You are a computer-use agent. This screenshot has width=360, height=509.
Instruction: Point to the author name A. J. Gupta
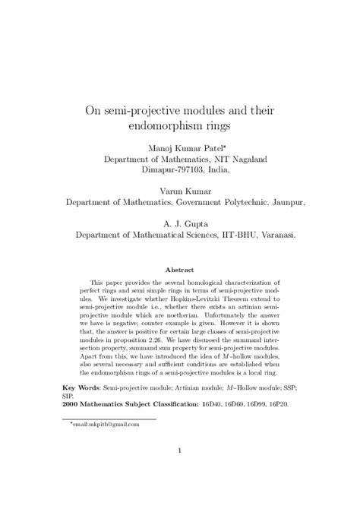[x=180, y=223]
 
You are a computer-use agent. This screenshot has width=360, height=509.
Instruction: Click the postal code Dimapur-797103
[x=181, y=170]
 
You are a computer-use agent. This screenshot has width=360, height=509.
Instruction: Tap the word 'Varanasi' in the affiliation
[x=275, y=236]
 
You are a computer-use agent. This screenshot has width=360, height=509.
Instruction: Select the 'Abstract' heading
[x=180, y=270]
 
